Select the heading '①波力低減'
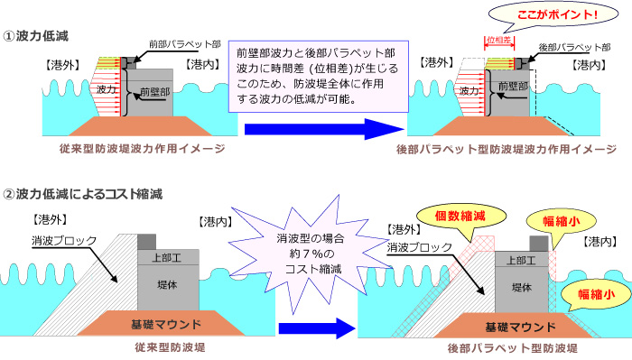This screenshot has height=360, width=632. (x=37, y=35)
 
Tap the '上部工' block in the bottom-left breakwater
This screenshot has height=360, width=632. (x=159, y=258)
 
